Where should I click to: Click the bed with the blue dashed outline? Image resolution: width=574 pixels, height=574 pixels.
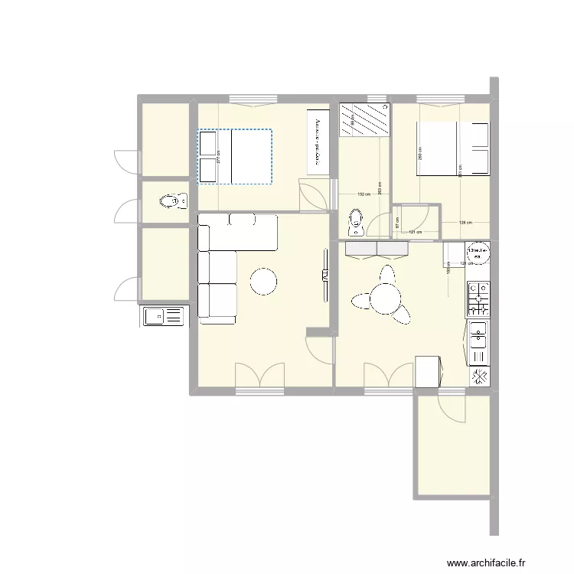tap(235, 157)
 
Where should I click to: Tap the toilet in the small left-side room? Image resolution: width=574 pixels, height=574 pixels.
tap(171, 202)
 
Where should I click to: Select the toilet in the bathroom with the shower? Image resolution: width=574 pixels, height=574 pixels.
tap(356, 221)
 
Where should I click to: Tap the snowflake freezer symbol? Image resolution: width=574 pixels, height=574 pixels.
tap(479, 377)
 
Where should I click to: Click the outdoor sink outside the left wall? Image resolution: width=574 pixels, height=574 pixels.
tap(163, 315)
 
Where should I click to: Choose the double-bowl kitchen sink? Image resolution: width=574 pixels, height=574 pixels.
tap(478, 344)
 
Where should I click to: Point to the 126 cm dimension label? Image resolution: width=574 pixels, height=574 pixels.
tap(464, 223)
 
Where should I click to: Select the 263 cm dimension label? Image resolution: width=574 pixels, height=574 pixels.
tap(380, 189)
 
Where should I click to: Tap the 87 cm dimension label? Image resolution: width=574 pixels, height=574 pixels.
tap(397, 223)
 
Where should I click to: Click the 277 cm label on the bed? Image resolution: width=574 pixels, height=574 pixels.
tap(218, 156)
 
